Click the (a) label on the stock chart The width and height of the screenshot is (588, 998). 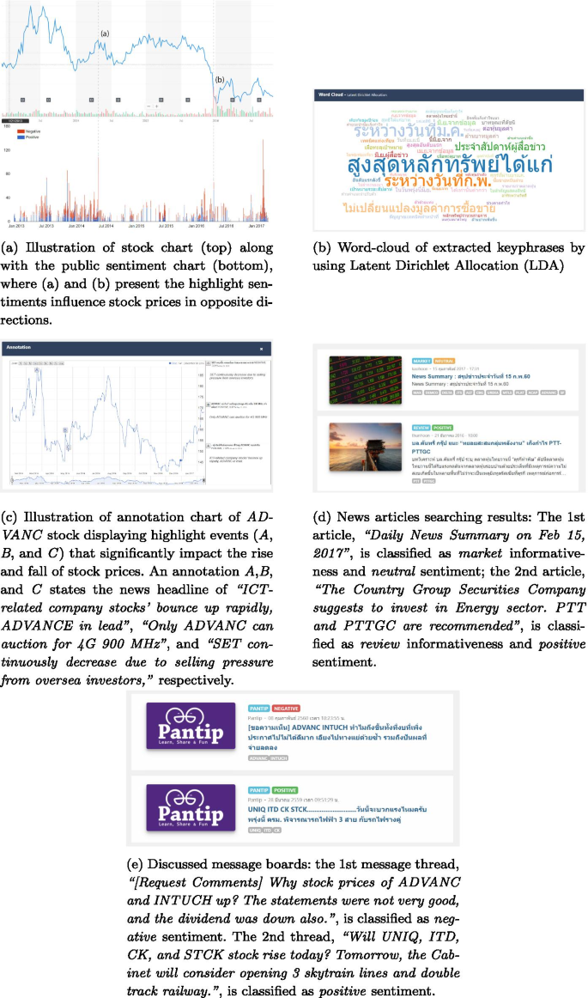click(105, 33)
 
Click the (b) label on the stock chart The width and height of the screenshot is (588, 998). click(220, 79)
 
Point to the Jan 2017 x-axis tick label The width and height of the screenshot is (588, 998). click(258, 226)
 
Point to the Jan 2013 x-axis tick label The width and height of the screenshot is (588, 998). click(16, 226)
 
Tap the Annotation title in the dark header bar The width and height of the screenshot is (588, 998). click(18, 348)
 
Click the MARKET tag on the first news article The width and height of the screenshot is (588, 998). click(421, 362)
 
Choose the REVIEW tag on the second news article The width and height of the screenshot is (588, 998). click(421, 426)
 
